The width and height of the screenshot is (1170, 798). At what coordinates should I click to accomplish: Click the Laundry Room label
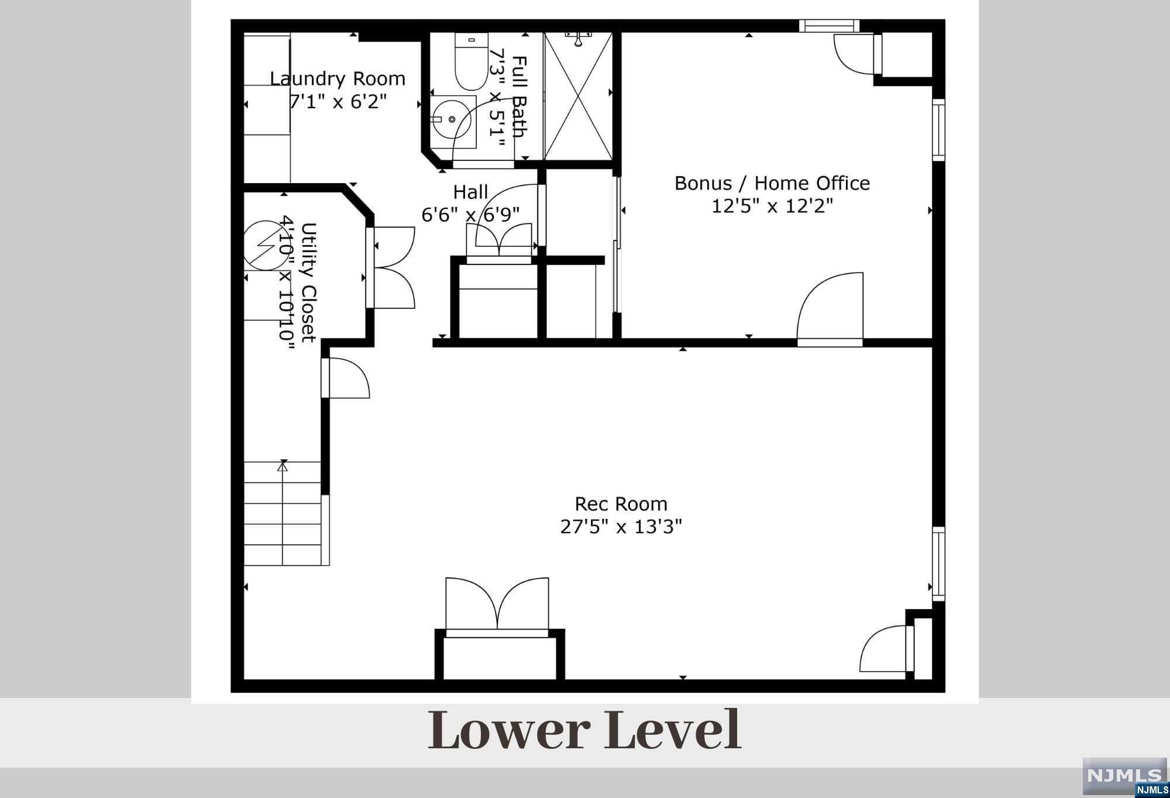tap(338, 78)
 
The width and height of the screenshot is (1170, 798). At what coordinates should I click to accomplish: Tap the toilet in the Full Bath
tap(472, 61)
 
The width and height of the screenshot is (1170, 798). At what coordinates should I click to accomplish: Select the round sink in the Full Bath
tap(452, 119)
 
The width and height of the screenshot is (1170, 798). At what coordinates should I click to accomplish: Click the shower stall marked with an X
tap(577, 96)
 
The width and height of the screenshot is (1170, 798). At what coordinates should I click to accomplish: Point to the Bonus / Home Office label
tap(772, 183)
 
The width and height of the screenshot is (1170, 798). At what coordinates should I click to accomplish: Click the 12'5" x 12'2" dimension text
tap(772, 206)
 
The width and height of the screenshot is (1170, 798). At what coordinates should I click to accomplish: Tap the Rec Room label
tap(621, 504)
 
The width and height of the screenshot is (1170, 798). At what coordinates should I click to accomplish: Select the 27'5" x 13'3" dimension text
tap(621, 527)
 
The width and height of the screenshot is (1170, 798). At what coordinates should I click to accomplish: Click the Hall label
tap(470, 192)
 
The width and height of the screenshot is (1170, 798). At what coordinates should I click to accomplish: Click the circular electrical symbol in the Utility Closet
tap(266, 245)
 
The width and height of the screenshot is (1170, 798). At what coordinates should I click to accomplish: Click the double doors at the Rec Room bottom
tap(497, 606)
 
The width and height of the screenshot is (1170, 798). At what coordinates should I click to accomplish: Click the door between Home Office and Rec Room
tap(830, 309)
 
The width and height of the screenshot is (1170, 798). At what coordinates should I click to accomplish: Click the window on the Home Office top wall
tap(830, 26)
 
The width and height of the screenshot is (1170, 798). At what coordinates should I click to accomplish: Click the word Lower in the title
tap(509, 730)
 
